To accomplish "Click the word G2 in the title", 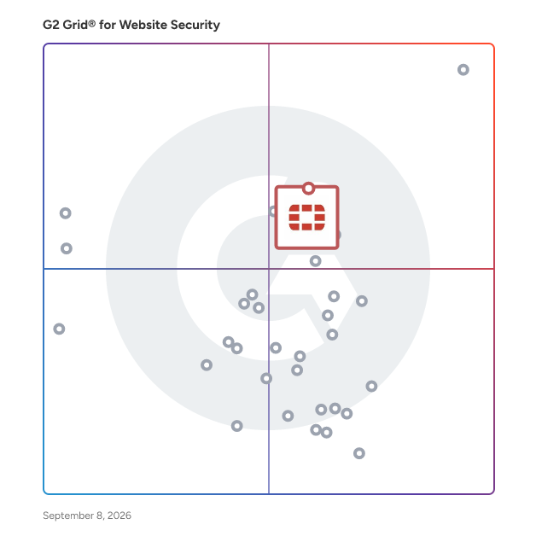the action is [50, 25].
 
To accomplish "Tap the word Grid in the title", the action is [75, 25].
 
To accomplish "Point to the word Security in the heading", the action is [195, 26].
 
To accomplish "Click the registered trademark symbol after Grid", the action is [91, 23].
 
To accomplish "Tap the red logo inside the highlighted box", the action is [307, 218].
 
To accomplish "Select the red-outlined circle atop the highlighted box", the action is [309, 189].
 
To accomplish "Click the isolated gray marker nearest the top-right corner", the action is [463, 70].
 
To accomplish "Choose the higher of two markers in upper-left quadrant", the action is [65, 213].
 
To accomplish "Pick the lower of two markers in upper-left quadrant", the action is [67, 248].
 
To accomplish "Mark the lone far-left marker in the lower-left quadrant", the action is [59, 329].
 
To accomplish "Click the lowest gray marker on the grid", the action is [359, 453].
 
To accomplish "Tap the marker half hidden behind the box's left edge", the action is [271, 212].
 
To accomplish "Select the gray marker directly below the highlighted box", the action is [315, 261].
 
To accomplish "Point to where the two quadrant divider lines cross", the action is [269, 269].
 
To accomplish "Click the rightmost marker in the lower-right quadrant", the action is [371, 387].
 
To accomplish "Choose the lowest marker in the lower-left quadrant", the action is [237, 426].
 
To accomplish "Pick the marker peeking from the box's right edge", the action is [339, 235].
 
